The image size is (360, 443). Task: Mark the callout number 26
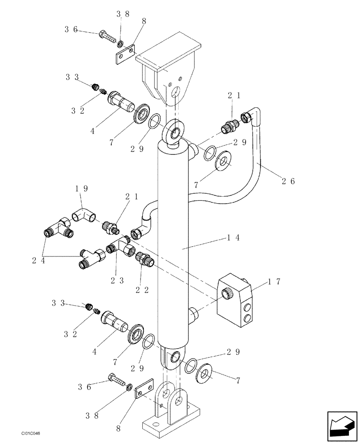click(288, 181)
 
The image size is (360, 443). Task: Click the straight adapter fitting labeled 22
click(145, 259)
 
